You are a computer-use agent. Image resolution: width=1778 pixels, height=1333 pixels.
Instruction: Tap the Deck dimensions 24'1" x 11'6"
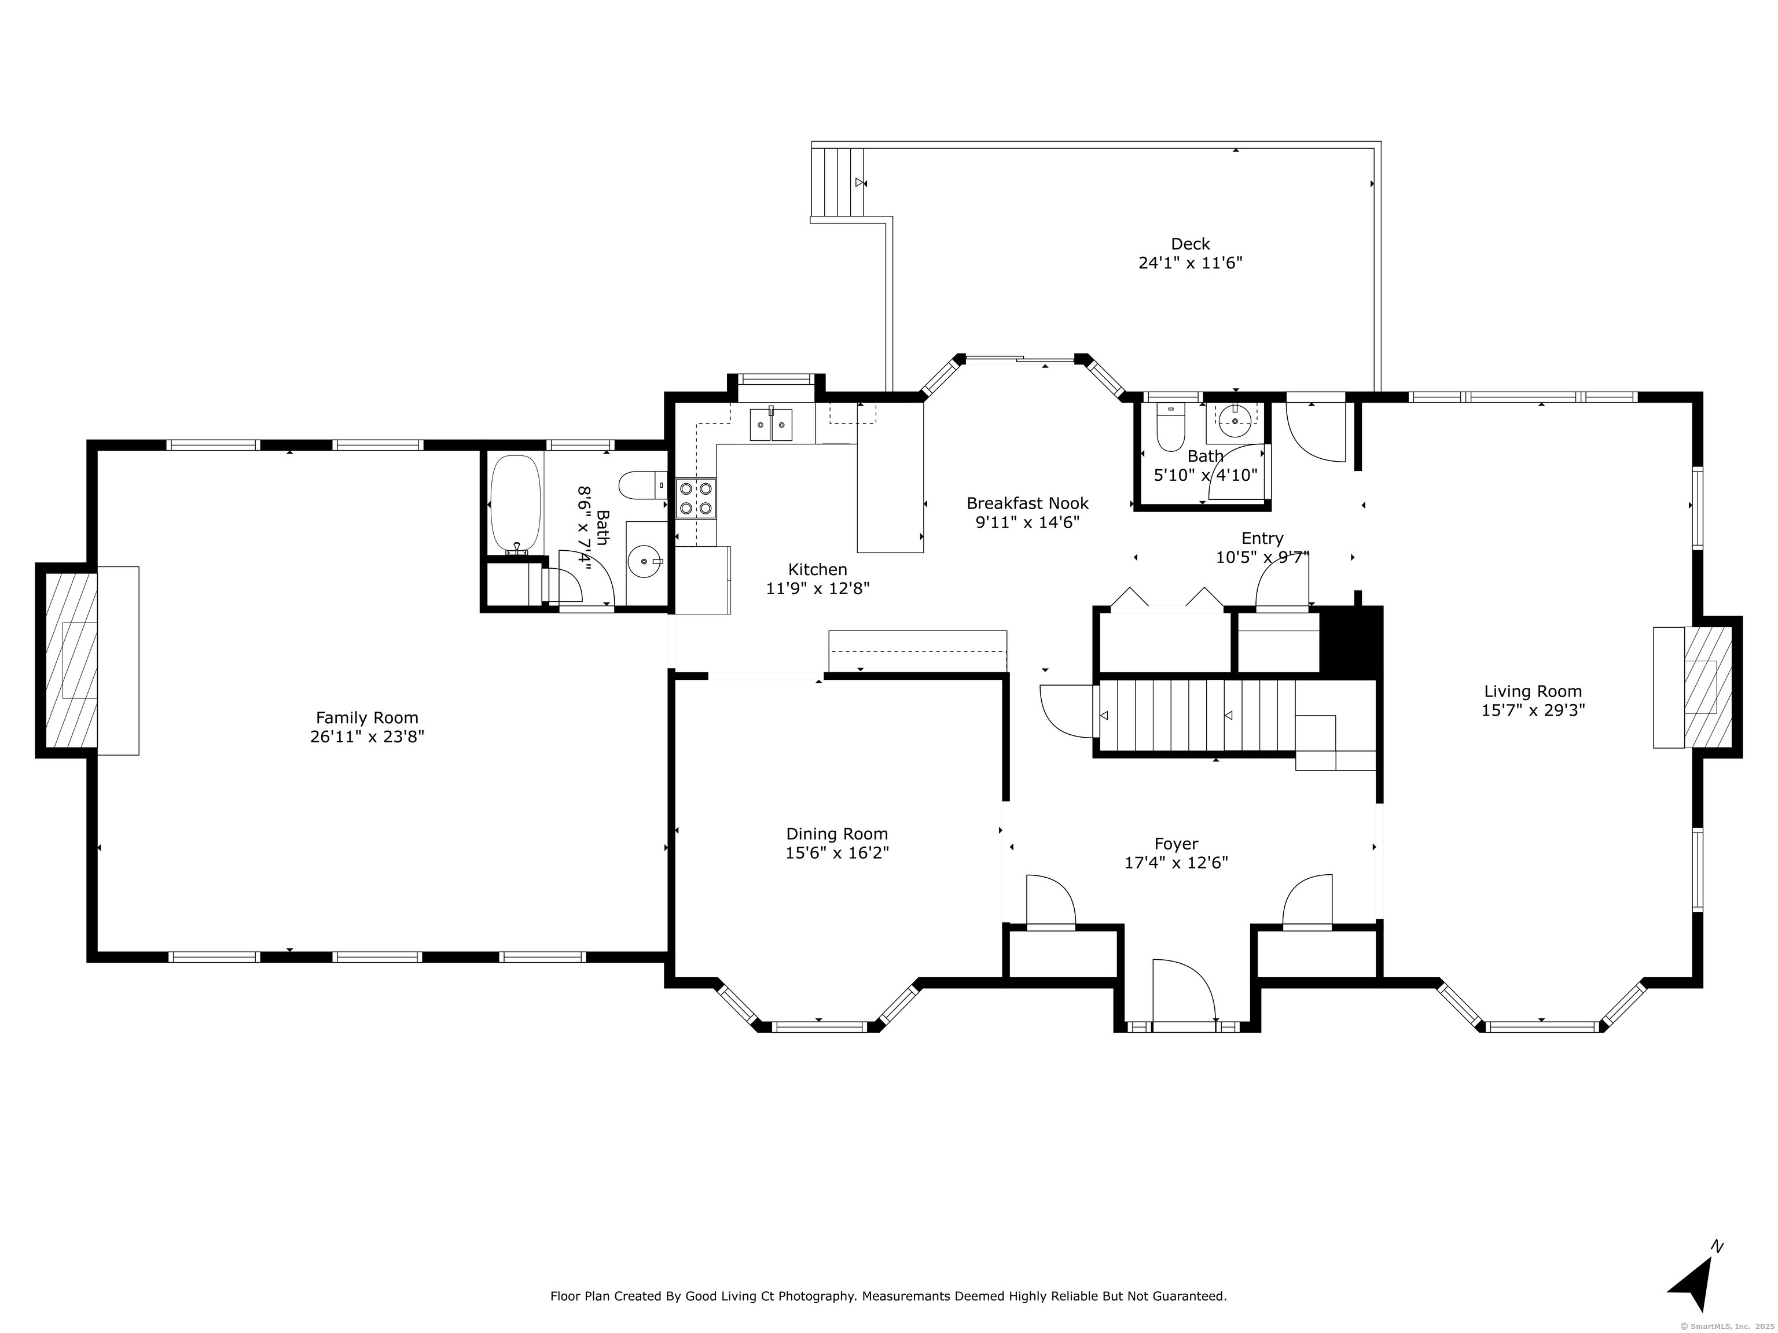point(1191,263)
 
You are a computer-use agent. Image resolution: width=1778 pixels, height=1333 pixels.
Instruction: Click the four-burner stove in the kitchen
point(696,496)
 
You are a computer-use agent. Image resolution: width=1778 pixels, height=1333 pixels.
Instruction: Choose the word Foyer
point(1176,844)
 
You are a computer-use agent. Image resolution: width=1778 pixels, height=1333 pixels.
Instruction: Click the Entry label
point(1262,538)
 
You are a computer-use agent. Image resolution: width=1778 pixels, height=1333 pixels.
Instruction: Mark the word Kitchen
point(817,570)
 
